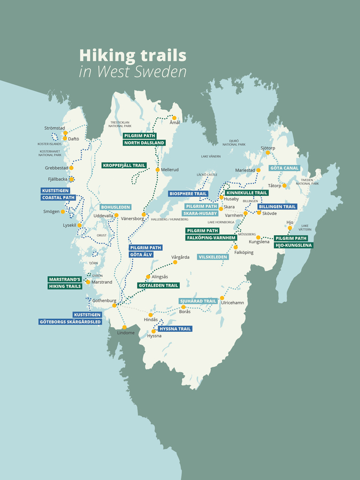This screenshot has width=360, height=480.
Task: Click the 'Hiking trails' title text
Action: [132, 55]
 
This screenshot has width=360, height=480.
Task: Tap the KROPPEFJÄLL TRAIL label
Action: [124, 165]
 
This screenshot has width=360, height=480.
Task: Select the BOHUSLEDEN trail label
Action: [116, 207]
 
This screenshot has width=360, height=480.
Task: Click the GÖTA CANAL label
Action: [284, 168]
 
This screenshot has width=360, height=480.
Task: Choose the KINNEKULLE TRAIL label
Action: [246, 193]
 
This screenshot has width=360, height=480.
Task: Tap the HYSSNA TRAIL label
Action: [175, 329]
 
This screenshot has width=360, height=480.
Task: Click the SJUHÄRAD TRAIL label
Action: [198, 301]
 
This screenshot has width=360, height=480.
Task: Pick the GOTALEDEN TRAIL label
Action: [157, 285]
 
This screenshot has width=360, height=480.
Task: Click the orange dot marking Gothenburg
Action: [114, 305]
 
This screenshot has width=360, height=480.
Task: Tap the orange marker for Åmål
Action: [174, 118]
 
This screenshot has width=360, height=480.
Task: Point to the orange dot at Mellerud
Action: [157, 170]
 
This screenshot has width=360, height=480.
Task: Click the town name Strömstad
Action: [54, 128]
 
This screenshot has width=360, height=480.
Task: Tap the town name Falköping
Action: [244, 252]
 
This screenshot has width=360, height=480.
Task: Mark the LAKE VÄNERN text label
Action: [211, 156]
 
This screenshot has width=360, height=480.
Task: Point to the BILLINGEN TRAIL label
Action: [277, 206]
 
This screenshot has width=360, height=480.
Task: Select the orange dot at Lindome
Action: [124, 327]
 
